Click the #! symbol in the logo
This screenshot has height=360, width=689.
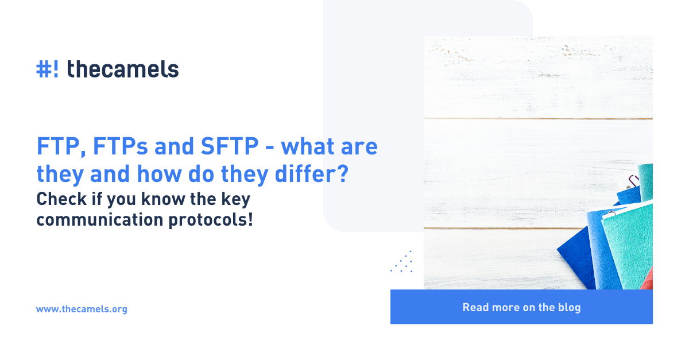[x=47, y=69]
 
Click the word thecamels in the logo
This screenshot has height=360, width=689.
[x=123, y=69]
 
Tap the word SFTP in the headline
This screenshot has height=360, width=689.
[x=230, y=146]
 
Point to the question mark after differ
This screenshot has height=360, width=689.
[x=342, y=173]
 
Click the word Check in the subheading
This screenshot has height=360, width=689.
[x=61, y=199]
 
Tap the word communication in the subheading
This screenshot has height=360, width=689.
[x=100, y=220]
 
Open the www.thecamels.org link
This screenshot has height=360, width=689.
[x=82, y=309]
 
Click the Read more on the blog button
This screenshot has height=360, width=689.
[x=521, y=307]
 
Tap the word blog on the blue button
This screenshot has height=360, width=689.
[x=569, y=307]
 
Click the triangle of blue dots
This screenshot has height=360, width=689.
[x=402, y=262]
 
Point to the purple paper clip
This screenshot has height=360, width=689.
[x=634, y=180]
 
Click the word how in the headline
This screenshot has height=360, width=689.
[x=160, y=174]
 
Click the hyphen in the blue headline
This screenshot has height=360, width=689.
[x=269, y=148]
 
